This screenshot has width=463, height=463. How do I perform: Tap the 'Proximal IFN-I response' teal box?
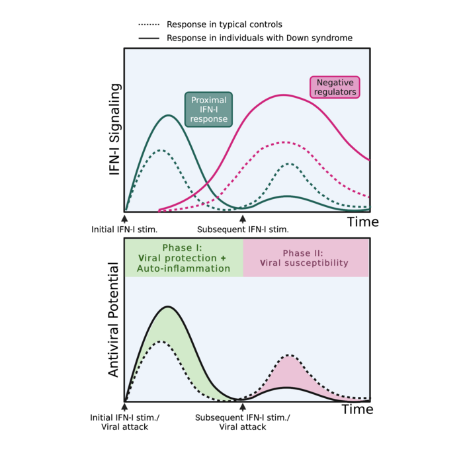pyautogui.click(x=208, y=109)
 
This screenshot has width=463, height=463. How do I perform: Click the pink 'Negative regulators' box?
pyautogui.click(x=334, y=87)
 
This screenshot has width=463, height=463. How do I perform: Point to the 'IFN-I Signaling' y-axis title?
pyautogui.click(x=115, y=129)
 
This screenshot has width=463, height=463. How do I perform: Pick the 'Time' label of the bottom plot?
pyautogui.click(x=357, y=410)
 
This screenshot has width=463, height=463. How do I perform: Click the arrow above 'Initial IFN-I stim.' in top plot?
pyautogui.click(x=124, y=218)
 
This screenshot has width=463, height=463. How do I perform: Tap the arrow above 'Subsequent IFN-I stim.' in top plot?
pyautogui.click(x=243, y=218)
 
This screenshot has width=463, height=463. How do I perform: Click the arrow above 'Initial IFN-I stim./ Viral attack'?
pyautogui.click(x=124, y=407)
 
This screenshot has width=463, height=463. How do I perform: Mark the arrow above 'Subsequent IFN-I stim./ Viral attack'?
pyautogui.click(x=243, y=407)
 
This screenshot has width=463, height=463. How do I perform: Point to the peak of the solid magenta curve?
pyautogui.click(x=284, y=95)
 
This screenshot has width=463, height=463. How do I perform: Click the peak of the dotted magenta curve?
pyautogui.click(x=284, y=142)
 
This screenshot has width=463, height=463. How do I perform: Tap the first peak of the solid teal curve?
pyautogui.click(x=169, y=115)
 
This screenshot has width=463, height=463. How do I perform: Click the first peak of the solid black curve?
pyautogui.click(x=169, y=306)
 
